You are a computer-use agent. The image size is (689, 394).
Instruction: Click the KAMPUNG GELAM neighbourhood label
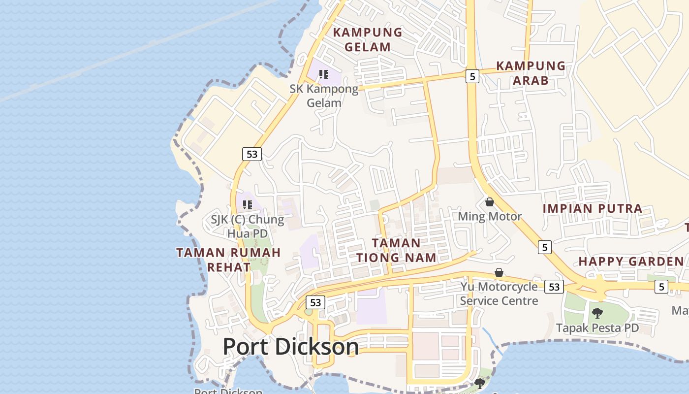368,40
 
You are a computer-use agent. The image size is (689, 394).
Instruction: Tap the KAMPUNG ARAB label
531,73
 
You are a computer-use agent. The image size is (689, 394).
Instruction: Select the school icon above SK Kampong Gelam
323,74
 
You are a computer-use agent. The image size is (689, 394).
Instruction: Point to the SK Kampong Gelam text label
324,96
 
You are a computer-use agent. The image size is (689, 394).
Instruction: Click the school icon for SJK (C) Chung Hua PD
248,204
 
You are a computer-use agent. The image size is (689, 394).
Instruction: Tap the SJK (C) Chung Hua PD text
248,226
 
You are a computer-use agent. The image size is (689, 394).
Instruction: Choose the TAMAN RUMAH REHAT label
228,260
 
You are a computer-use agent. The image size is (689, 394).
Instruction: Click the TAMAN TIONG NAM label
396,250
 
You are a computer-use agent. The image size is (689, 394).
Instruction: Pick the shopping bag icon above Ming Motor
490,202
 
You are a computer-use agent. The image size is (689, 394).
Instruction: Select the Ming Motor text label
490,217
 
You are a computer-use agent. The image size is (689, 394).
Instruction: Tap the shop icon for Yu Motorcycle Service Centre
499,272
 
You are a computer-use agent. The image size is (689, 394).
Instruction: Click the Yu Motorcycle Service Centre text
499,294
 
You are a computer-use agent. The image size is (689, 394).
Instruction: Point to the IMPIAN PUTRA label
593,208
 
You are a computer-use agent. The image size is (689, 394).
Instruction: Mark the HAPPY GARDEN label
631,262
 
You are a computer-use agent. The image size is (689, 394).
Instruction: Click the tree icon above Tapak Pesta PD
597,313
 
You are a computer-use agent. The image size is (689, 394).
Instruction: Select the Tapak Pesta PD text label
597,328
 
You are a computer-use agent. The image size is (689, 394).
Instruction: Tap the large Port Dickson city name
291,347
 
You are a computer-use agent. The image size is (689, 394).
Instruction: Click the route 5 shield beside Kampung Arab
472,76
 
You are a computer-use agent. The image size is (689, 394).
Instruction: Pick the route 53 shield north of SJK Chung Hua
251,154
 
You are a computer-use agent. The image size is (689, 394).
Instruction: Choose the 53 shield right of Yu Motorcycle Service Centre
554,287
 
